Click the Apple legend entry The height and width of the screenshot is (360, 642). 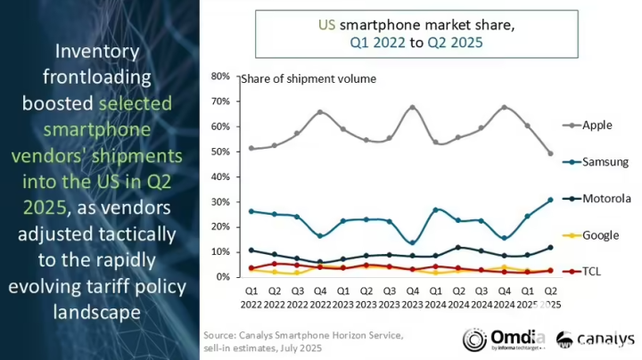597,126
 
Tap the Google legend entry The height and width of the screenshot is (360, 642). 600,234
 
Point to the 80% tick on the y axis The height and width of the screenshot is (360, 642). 220,77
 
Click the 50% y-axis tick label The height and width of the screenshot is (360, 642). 220,151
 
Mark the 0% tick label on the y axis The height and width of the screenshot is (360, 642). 223,276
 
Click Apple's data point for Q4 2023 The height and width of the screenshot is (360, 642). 412,108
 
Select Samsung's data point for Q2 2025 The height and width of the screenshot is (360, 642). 550,200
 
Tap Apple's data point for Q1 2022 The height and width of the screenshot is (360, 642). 251,148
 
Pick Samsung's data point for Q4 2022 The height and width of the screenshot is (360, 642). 320,236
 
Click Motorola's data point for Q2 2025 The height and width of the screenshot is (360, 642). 550,247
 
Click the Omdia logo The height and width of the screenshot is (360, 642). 498,340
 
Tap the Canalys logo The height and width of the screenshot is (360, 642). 595,340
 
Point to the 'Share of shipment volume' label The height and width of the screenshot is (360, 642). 309,78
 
